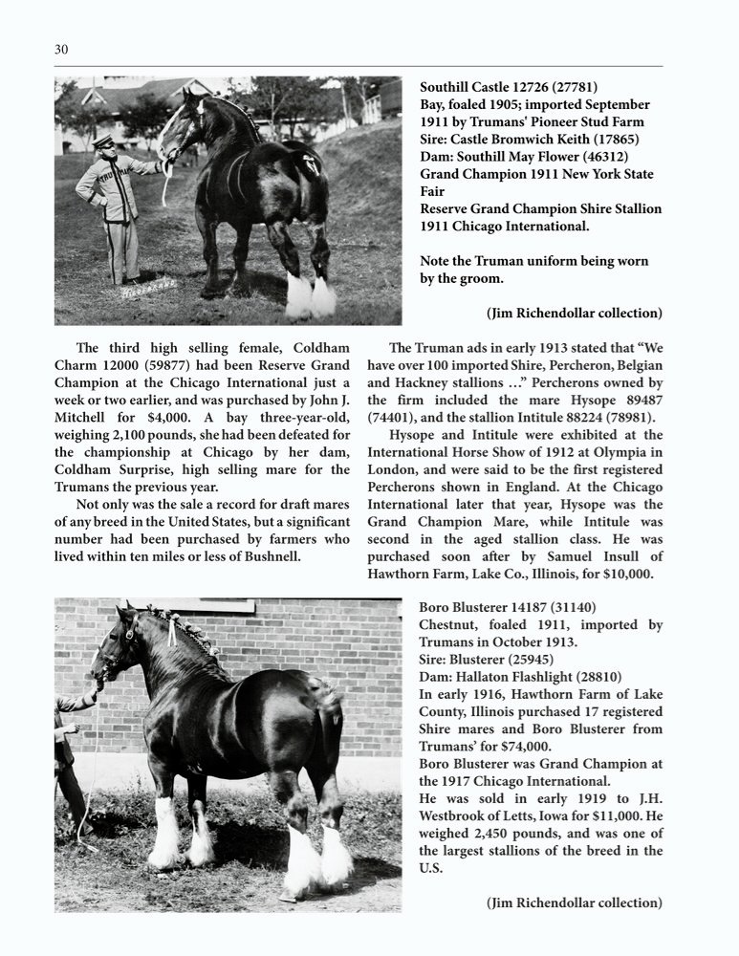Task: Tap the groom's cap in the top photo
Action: point(101,141)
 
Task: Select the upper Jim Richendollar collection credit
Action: point(574,313)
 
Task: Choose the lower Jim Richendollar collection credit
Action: point(574,902)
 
